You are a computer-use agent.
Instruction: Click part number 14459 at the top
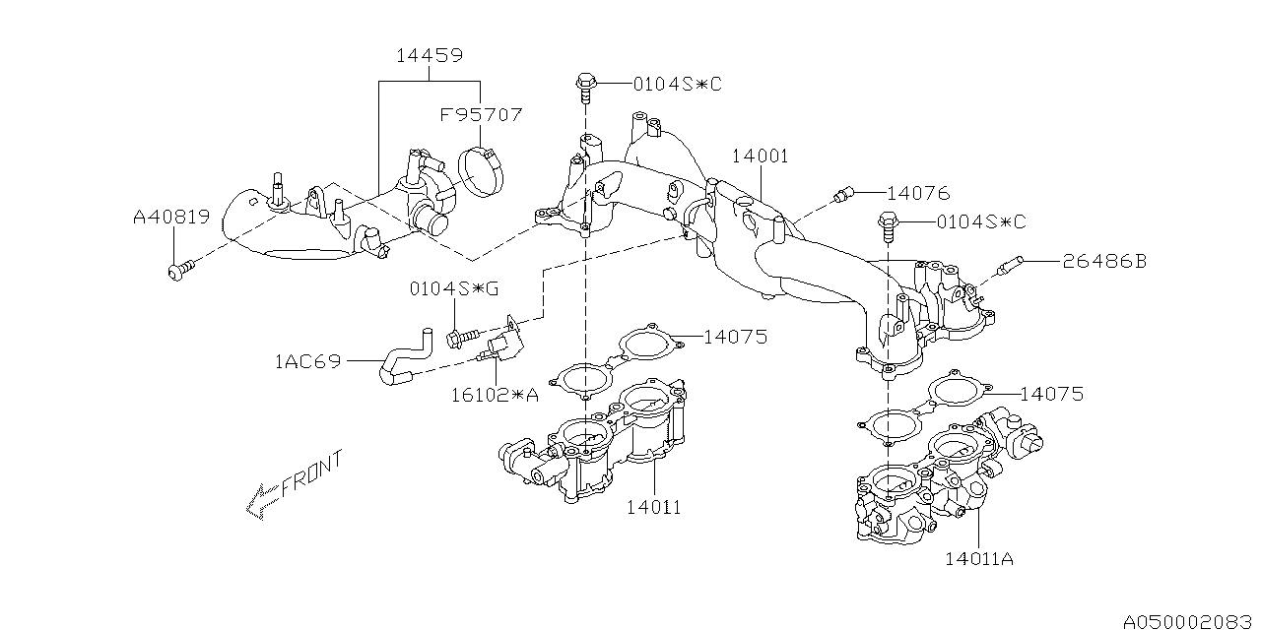[x=430, y=56]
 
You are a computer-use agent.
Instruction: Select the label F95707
[x=481, y=115]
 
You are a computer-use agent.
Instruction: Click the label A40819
[x=171, y=217]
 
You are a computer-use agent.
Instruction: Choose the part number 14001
[x=760, y=157]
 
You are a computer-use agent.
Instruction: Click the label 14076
[x=917, y=193]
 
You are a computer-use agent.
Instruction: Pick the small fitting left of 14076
[x=841, y=196]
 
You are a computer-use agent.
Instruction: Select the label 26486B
[x=1103, y=262]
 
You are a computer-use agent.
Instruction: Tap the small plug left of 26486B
[x=1011, y=264]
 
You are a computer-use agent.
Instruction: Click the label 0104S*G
[x=454, y=289]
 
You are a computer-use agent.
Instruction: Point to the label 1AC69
[x=307, y=361]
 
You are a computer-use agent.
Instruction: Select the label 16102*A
[x=495, y=395]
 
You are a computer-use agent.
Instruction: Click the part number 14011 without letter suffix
[x=653, y=507]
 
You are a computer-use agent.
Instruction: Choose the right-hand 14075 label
[x=1051, y=394]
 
